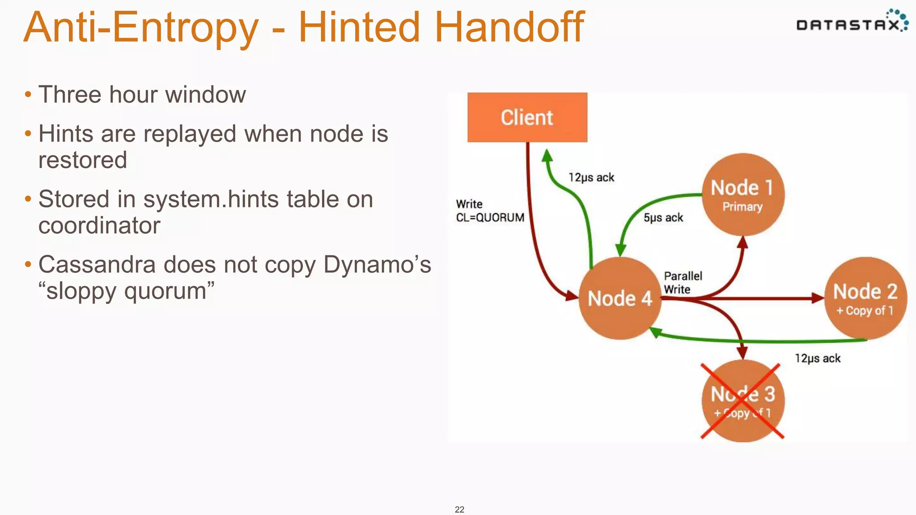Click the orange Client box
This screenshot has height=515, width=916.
coord(527,117)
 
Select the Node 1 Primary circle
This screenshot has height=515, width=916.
coord(742,194)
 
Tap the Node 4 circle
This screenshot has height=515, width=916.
coord(619,298)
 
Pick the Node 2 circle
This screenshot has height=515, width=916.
coord(865,298)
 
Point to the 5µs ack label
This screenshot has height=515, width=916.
coord(663,218)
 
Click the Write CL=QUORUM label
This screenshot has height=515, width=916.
coord(490,211)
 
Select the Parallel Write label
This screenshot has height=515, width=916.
coord(683,283)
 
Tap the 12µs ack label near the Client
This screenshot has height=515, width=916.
coord(591,177)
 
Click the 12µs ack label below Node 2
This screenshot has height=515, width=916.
coord(817,358)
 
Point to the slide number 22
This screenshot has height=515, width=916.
coord(459,509)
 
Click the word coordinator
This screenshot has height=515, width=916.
coord(99,225)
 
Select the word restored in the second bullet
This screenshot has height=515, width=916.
coord(83,160)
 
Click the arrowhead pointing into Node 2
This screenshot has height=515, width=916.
coord(818,298)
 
